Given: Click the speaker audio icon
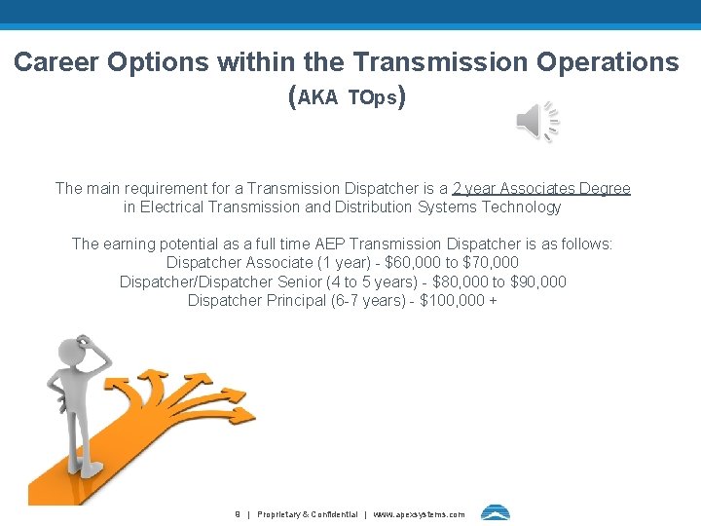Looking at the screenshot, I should (x=536, y=121).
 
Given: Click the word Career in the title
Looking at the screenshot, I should (x=56, y=62).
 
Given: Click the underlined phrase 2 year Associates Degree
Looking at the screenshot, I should (x=541, y=188).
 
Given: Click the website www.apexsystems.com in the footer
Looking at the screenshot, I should (x=420, y=514).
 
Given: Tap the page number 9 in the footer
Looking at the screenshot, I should (x=238, y=514).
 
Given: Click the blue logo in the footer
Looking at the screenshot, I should (x=495, y=513).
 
